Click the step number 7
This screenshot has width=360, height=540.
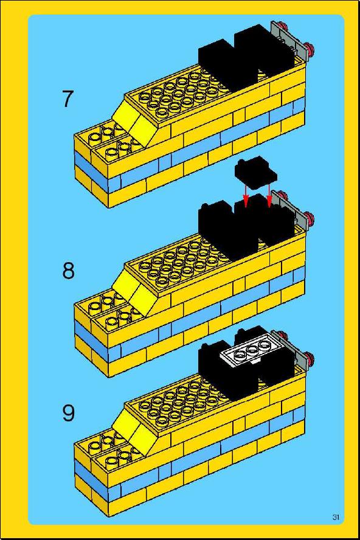coord(68,99)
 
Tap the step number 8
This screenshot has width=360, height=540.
coord(68,271)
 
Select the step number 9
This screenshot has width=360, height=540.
coord(68,413)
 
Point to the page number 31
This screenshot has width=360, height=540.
coord(336,517)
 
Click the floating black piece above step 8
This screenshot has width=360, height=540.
coord(256,173)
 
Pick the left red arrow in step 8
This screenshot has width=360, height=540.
coord(245,195)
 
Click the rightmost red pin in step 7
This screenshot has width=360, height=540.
coord(310,50)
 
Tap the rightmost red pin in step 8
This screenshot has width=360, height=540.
coord(310,220)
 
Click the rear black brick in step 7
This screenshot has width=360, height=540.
coord(263,52)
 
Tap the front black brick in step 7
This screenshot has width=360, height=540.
coord(227,66)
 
